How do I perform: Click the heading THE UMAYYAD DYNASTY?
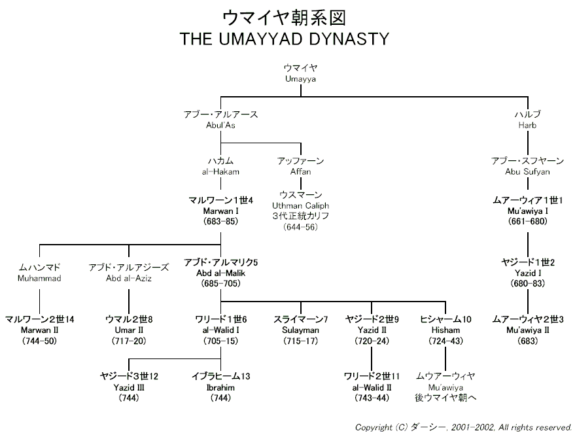point(284,39)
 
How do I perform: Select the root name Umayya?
point(300,79)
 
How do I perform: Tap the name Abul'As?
point(220,125)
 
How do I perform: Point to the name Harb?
point(527,125)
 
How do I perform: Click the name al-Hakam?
point(220,171)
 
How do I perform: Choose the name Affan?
point(301,171)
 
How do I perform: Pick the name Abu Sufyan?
point(527,171)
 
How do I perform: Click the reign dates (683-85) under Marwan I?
point(220,222)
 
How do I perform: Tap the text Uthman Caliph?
point(300,206)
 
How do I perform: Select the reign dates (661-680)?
point(528,222)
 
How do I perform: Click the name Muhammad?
point(39,279)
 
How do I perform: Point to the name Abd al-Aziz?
point(129,279)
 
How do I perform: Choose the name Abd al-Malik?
point(220,273)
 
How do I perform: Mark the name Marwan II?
point(40,330)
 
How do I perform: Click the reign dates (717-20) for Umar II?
point(129,341)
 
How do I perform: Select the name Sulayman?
point(300,330)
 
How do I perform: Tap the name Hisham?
point(445,330)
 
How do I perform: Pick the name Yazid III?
point(129,387)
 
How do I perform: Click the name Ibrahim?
point(220,387)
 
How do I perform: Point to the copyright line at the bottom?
point(463,427)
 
